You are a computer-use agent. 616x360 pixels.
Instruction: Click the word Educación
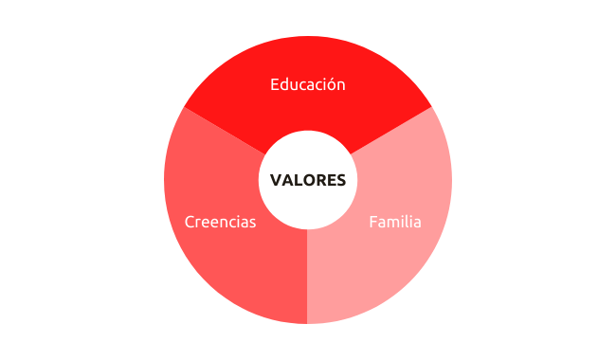(308, 84)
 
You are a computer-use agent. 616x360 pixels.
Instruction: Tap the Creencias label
(220, 222)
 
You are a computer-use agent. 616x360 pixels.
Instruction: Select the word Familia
(395, 222)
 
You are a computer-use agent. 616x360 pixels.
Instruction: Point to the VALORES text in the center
(308, 180)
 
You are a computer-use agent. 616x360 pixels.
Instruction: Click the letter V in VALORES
(276, 180)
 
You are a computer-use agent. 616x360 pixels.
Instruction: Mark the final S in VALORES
(340, 180)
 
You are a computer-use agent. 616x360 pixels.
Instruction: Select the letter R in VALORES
(321, 180)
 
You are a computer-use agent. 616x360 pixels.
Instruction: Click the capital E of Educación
(275, 85)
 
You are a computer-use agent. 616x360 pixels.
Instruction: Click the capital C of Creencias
(190, 223)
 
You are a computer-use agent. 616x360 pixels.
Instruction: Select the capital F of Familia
(373, 223)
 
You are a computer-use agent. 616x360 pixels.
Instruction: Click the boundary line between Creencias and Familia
(307, 277)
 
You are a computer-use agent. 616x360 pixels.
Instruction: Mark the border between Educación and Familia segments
(391, 131)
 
